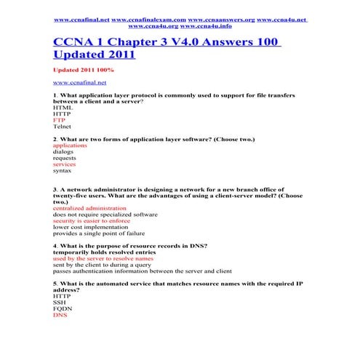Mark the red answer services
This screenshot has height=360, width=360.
click(x=65, y=164)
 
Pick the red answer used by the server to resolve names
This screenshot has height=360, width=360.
click(x=103, y=258)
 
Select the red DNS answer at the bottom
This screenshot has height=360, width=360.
click(x=60, y=316)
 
